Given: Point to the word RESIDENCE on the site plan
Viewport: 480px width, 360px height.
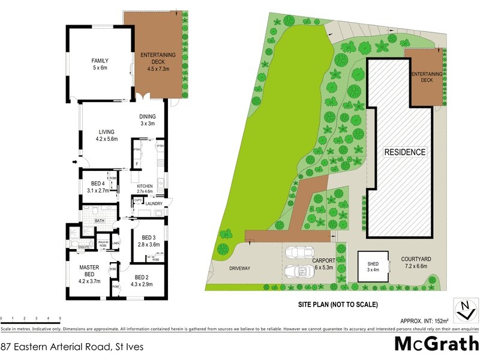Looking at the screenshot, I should (405, 152).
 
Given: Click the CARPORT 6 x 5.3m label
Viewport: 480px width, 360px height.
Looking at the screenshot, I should (327, 263).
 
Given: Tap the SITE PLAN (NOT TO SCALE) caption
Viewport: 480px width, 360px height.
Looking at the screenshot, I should (338, 304).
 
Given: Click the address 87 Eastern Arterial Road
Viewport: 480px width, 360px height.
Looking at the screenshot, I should (72, 346).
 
